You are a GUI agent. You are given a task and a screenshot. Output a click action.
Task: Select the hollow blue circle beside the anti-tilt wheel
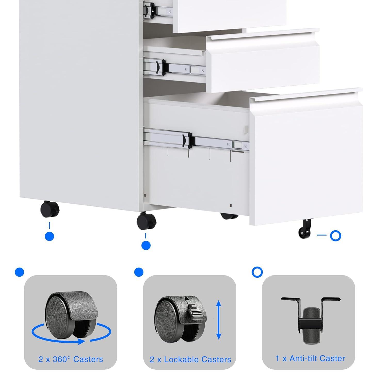click(x=335, y=236)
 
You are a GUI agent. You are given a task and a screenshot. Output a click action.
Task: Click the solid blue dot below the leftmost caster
click(x=49, y=236)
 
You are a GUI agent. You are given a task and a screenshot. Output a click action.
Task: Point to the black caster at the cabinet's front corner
click(x=146, y=221)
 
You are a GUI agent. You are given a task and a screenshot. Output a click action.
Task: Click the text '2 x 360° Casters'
click(x=71, y=359)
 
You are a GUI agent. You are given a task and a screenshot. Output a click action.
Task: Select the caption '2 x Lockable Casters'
click(x=190, y=359)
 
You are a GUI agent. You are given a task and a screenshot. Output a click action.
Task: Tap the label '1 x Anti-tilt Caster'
click(x=310, y=358)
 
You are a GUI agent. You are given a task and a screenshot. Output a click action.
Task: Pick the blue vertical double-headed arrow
click(x=219, y=320)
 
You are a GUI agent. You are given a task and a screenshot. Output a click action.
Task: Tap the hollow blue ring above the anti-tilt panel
click(x=257, y=272)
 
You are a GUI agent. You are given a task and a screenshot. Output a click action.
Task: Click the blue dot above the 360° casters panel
click(x=20, y=272)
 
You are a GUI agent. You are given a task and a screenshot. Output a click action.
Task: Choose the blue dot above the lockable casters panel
click(x=139, y=272)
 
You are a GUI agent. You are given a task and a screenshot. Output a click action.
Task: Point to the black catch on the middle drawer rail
click(x=163, y=68)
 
